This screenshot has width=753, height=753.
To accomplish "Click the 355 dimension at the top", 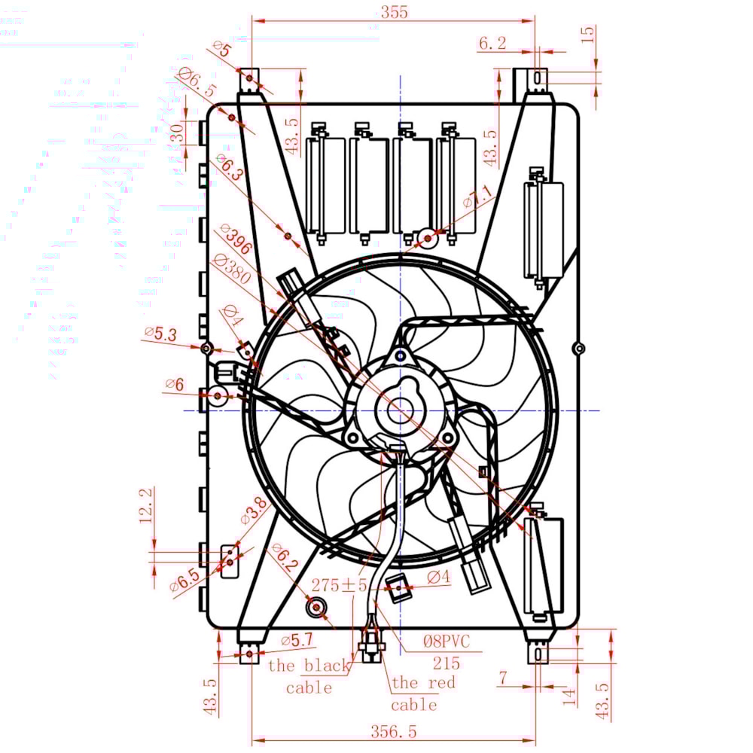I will [394, 12].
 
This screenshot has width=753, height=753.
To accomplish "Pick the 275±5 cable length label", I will [340, 585].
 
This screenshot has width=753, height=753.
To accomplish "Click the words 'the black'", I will [309, 666].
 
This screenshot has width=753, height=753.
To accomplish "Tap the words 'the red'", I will [423, 683].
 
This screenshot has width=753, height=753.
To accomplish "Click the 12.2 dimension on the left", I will [147, 504].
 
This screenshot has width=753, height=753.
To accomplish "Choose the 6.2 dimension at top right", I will [492, 44].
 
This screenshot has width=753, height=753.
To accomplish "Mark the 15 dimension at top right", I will [589, 33].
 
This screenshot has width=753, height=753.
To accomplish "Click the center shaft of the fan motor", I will [399, 410].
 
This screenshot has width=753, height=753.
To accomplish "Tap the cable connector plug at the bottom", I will [371, 645].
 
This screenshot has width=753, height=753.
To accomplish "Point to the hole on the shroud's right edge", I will [578, 348].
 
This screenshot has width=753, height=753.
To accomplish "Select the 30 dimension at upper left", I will [175, 134].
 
